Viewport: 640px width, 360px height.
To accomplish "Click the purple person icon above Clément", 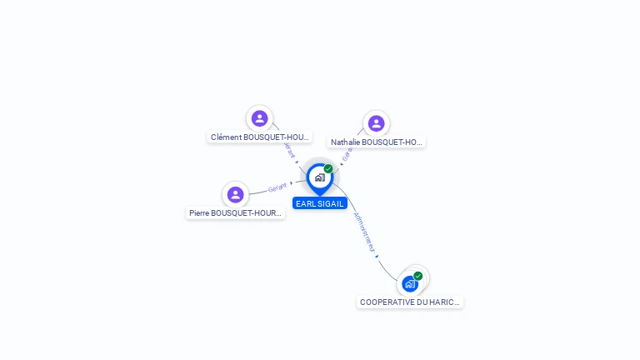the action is tap(259, 118).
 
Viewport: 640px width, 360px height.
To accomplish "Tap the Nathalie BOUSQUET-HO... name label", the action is tap(376, 142).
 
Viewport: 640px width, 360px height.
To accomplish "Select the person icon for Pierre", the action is tap(236, 195).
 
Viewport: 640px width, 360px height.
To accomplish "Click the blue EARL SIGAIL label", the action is tap(319, 203).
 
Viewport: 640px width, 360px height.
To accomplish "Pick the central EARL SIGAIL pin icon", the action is tap(319, 177).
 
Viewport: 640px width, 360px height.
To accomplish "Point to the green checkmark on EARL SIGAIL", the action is tap(328, 169).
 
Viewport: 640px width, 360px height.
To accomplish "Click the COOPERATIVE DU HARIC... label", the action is tap(410, 302).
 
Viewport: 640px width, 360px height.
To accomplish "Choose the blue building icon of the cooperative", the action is tap(409, 284).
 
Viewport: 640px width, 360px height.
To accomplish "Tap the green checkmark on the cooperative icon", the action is tap(417, 276).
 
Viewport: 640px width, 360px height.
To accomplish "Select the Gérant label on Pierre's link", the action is tap(277, 187).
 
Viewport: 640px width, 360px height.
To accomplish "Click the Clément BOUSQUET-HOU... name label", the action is tap(259, 137).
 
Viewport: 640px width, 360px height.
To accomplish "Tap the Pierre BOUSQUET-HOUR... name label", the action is tap(236, 213).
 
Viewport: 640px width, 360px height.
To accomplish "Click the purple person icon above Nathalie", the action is tap(376, 123).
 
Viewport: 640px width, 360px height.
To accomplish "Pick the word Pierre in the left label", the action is tap(198, 213).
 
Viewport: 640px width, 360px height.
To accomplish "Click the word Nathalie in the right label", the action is tap(345, 142).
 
